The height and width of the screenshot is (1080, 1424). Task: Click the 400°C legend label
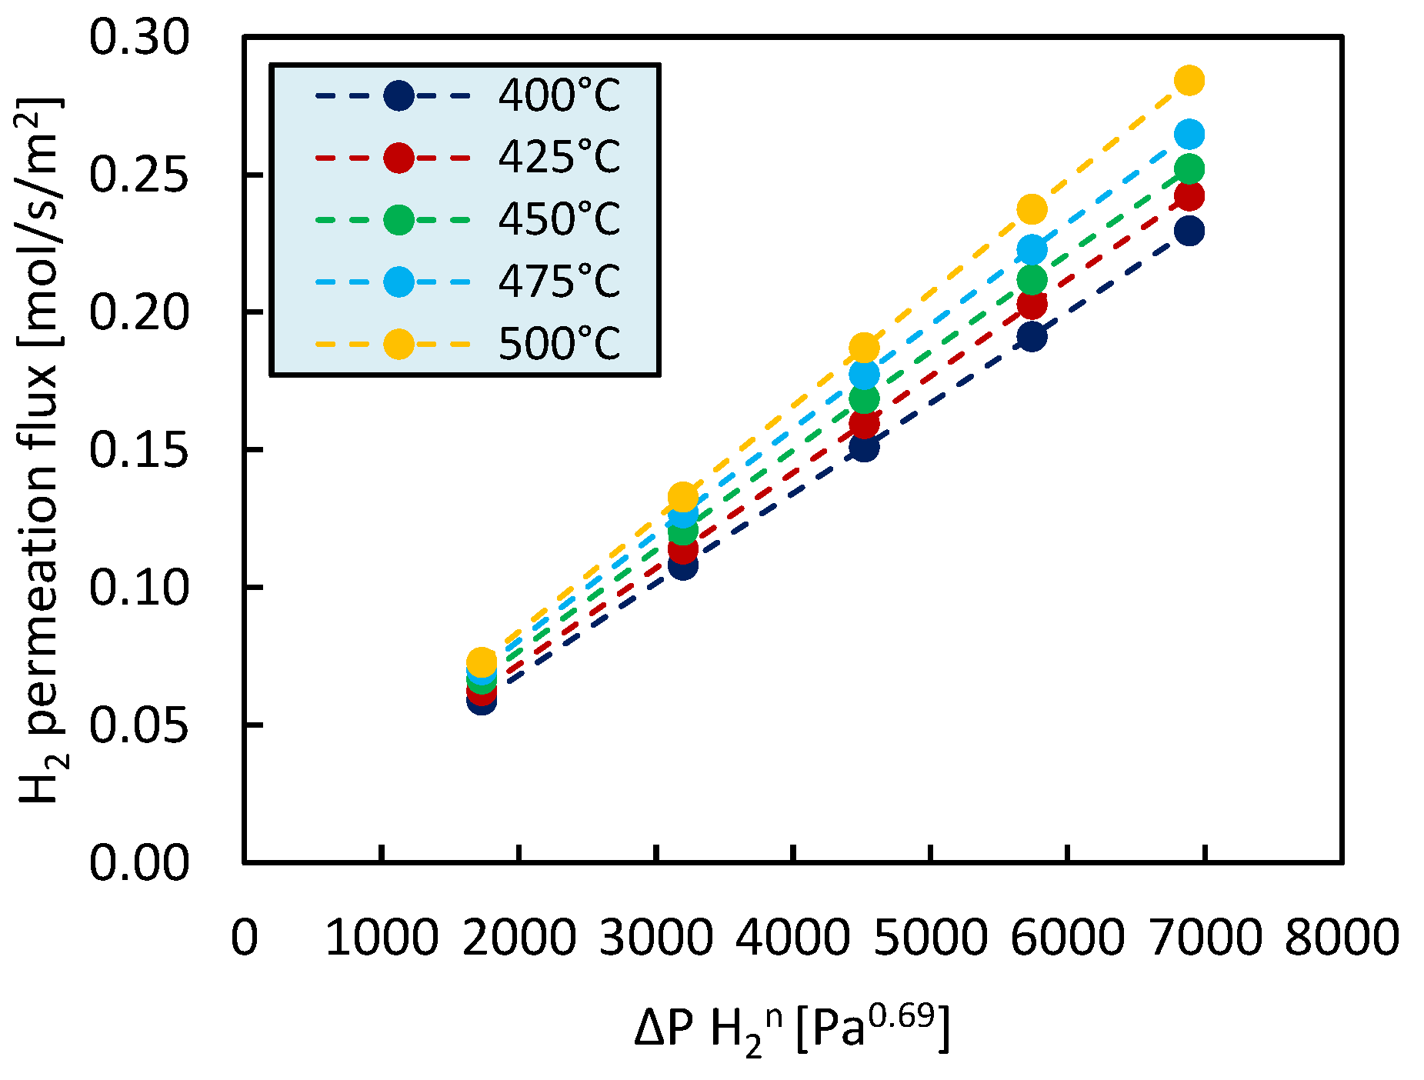[x=559, y=96]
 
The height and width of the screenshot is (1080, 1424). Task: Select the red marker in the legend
[x=399, y=158]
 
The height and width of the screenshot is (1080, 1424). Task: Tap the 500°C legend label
[x=559, y=343]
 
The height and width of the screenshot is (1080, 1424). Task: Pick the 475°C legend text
[x=559, y=281]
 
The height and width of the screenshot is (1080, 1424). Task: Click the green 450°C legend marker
[x=399, y=220]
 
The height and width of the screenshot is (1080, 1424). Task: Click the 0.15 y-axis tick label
[x=138, y=450]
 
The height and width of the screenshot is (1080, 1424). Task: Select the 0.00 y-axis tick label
[x=138, y=862]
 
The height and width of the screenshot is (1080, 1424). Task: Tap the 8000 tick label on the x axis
[x=1342, y=938]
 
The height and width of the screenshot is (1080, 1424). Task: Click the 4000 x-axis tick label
[x=792, y=938]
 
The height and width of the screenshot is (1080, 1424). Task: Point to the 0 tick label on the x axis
[x=245, y=938]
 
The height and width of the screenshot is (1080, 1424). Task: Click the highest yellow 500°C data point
[x=1189, y=80]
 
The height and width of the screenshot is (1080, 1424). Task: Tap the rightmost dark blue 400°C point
[x=1189, y=231]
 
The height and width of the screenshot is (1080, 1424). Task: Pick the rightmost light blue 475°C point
[x=1189, y=135]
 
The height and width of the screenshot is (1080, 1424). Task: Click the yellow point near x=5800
[x=1032, y=209]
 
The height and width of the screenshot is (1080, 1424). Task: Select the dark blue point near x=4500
[x=864, y=447]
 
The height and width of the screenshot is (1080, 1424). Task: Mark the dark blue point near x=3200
[x=682, y=566]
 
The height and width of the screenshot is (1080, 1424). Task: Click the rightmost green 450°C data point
[x=1189, y=169]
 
